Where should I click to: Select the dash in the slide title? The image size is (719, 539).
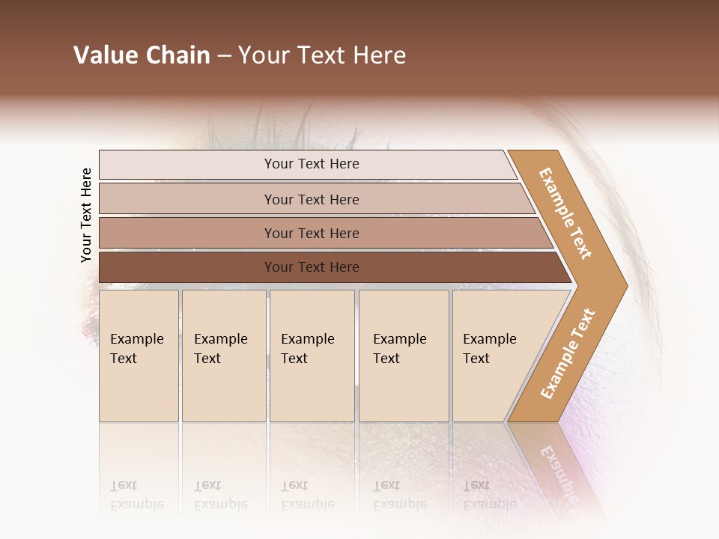(224, 56)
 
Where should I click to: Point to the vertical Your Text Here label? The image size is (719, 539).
(86, 215)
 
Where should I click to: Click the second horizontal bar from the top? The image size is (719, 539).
(311, 199)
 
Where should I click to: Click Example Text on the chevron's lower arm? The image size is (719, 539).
(568, 353)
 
